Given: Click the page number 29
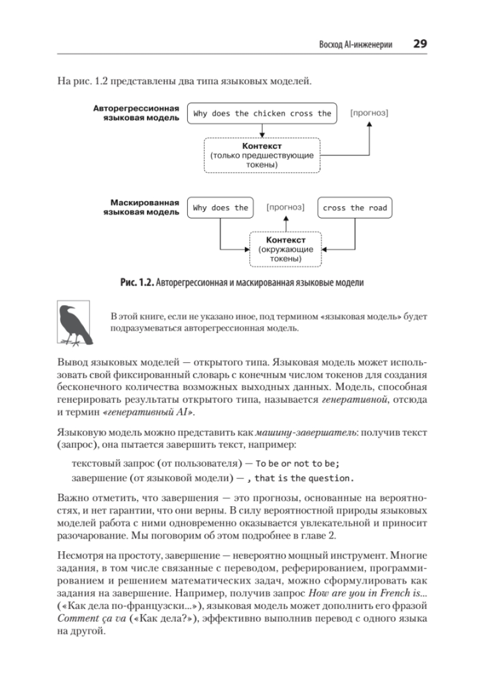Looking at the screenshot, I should click(420, 44).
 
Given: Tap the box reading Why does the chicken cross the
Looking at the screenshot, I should click(262, 114).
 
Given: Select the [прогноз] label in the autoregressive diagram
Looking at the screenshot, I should click(369, 113).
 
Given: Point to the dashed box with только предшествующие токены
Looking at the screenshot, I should click(262, 156).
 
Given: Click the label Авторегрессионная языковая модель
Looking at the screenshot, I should click(136, 113).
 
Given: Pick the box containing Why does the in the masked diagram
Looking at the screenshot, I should click(220, 208).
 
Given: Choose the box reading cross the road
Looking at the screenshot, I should click(355, 208).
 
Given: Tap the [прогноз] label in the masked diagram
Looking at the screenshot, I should click(285, 207).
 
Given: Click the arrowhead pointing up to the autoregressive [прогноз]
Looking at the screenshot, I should click(369, 125).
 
